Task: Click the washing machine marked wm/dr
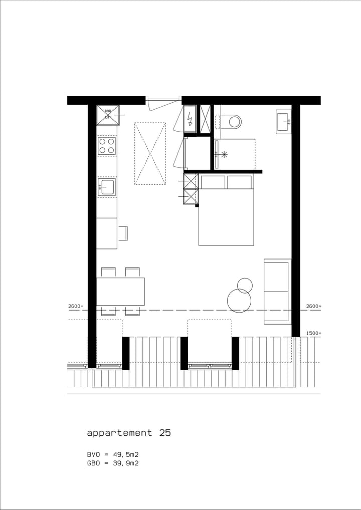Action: [x=108, y=115]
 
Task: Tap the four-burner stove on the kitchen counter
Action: [x=106, y=146]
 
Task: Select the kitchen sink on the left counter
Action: [x=107, y=187]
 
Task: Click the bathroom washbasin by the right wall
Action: [x=283, y=121]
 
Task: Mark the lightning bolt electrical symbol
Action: [x=190, y=119]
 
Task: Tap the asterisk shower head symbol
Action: [x=224, y=154]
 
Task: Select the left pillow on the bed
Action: [x=213, y=182]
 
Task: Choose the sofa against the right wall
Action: [x=277, y=291]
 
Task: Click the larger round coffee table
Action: [x=239, y=301]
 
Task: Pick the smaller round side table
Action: [x=245, y=286]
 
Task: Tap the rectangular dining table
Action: [x=120, y=291]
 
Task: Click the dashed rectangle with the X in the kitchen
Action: [x=150, y=153]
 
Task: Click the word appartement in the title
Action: [x=119, y=433]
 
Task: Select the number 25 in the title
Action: [x=164, y=433]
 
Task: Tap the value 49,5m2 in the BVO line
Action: [x=125, y=454]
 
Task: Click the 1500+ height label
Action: [x=313, y=333]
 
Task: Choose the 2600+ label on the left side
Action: [x=76, y=306]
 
